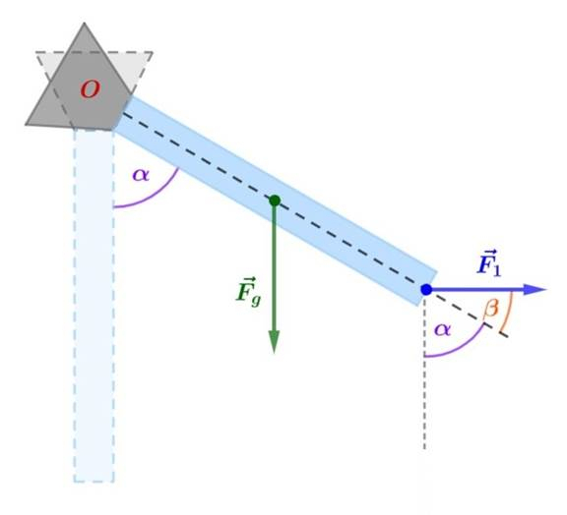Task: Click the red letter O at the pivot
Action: (x=91, y=89)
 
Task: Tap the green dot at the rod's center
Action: (x=275, y=200)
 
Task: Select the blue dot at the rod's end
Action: (x=426, y=289)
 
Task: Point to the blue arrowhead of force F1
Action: (x=535, y=289)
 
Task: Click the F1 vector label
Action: (x=489, y=263)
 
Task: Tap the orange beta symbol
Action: (x=490, y=310)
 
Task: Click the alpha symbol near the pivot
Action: (x=141, y=175)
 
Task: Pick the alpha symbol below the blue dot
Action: (x=443, y=329)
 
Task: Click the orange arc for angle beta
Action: (x=509, y=312)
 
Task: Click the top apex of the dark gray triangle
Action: (x=85, y=23)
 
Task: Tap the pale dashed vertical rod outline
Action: (x=94, y=306)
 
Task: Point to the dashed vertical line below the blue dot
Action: (x=424, y=372)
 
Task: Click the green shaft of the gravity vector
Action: (x=274, y=267)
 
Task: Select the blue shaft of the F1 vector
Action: (x=477, y=289)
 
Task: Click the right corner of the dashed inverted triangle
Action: (x=153, y=52)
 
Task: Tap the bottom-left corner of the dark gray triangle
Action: (x=26, y=125)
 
